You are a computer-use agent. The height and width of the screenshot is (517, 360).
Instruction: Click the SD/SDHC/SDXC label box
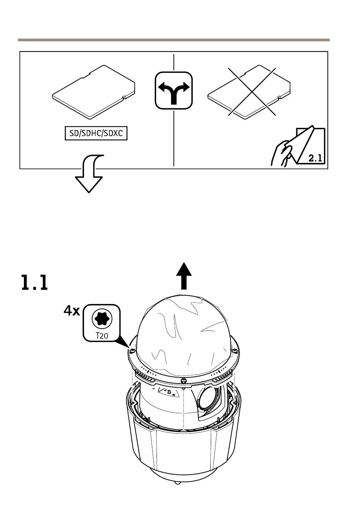point(96,133)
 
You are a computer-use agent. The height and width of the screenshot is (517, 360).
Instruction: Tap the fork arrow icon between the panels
point(174,90)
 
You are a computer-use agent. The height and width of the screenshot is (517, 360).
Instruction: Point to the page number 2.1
point(315,158)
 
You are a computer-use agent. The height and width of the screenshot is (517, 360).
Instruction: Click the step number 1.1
point(34,283)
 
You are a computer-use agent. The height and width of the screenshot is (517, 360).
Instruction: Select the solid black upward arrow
point(185,276)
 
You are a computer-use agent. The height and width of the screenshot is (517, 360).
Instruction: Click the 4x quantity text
point(72,311)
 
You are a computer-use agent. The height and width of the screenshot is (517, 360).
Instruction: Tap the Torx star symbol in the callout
point(102,319)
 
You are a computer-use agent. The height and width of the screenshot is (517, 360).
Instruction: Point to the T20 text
point(102,335)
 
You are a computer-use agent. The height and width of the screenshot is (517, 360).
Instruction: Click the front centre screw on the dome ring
point(183,380)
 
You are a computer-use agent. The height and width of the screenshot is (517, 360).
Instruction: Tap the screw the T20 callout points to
point(132,350)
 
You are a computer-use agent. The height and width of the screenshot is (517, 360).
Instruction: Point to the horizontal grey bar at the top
point(174,40)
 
